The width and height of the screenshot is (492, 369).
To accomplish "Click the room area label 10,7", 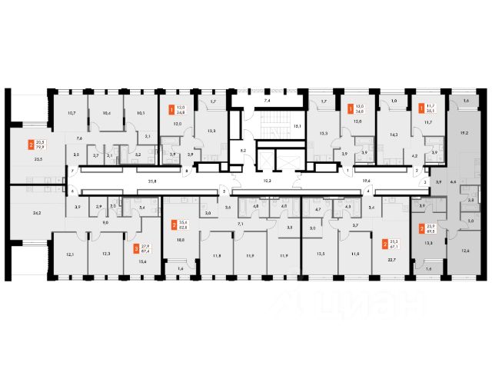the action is point(71,113).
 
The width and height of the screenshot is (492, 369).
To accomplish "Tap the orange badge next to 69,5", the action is point(421,228).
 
